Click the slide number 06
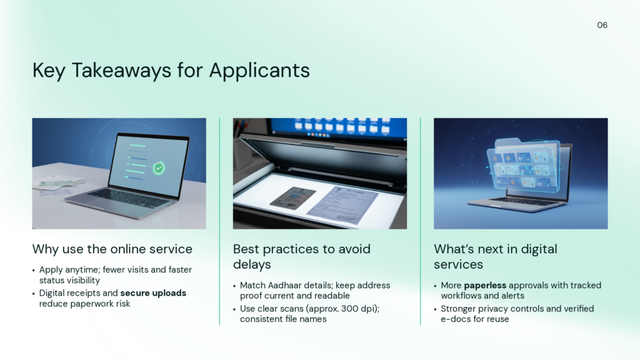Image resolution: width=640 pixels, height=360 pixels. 602,25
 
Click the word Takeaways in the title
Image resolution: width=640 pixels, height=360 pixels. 121,70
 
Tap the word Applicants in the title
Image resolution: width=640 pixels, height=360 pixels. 259,70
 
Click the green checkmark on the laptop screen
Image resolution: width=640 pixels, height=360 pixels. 159,167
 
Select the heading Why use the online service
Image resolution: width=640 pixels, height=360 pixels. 112,249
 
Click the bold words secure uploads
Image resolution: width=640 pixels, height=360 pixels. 153,293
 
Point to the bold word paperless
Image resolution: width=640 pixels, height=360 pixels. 485,285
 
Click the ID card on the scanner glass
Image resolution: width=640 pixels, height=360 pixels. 292,198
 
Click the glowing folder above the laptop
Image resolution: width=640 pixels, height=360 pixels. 524,165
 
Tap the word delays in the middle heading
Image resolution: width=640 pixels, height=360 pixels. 252,264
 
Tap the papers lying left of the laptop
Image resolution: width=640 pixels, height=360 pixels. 59,184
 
